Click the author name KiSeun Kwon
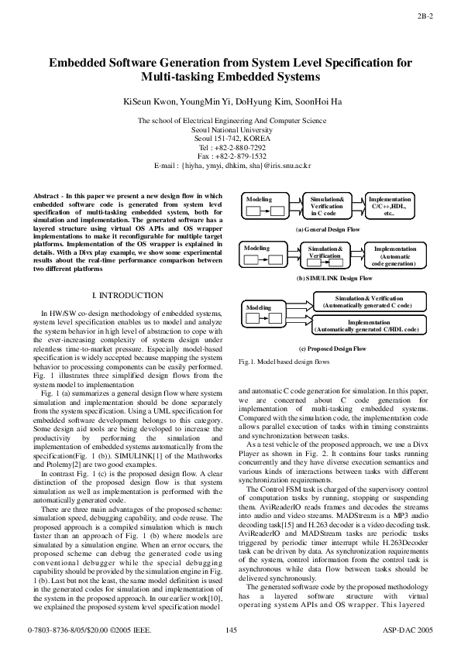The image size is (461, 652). tap(146, 101)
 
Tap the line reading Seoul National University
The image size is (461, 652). tap(231, 129)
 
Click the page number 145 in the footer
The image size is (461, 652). tap(230, 633)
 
